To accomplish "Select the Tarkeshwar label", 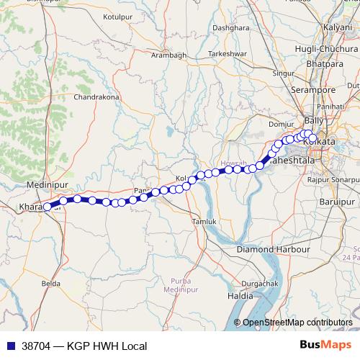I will pyautogui.click(x=227, y=54).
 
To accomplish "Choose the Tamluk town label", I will pyautogui.click(x=203, y=222).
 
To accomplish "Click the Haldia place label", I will pyautogui.click(x=240, y=296).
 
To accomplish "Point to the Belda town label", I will pyautogui.click(x=51, y=284).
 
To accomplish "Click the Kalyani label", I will pyautogui.click(x=337, y=27).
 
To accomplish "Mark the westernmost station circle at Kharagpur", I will pyautogui.click(x=48, y=207).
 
